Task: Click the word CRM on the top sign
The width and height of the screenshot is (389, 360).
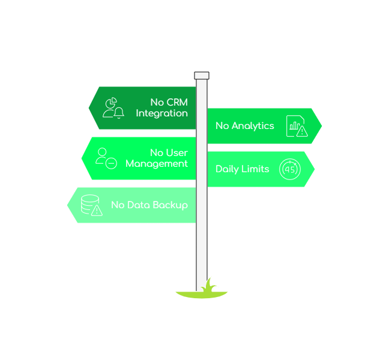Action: pyautogui.click(x=177, y=102)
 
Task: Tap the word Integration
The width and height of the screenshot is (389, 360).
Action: pyautogui.click(x=161, y=113)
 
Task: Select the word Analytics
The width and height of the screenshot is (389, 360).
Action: pyautogui.click(x=253, y=125)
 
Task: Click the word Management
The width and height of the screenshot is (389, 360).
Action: pyautogui.click(x=156, y=163)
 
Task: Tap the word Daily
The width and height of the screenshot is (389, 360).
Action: pyautogui.click(x=227, y=169)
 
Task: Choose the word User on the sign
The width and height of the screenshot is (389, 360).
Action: pyautogui.click(x=177, y=152)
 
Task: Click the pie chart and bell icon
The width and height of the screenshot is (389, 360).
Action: pyautogui.click(x=113, y=107)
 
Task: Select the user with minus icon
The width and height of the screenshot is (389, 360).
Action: pyautogui.click(x=106, y=158)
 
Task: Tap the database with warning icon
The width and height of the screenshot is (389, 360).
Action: pyautogui.click(x=91, y=205)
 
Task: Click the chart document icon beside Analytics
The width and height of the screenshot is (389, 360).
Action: pyautogui.click(x=297, y=126)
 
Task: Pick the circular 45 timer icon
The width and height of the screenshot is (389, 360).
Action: pyautogui.click(x=290, y=169)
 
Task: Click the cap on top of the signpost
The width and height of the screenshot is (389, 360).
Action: pyautogui.click(x=202, y=76)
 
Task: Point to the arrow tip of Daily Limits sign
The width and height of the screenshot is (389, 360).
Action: pyautogui.click(x=314, y=169)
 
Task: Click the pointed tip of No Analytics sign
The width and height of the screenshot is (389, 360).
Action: pyautogui.click(x=321, y=126)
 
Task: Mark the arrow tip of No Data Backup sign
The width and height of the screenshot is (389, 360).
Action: pyautogui.click(x=67, y=205)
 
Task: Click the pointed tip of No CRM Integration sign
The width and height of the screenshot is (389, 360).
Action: pyautogui.click(x=89, y=108)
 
